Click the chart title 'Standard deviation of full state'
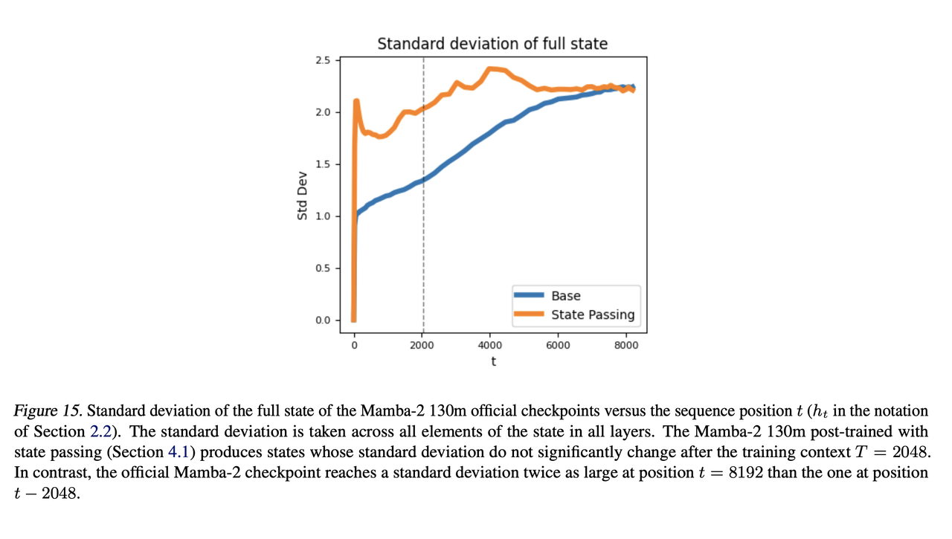[492, 44]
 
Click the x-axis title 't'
[493, 361]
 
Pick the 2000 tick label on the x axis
[422, 345]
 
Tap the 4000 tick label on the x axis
[489, 345]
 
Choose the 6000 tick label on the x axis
[558, 345]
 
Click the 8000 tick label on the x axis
[625, 345]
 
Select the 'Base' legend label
[566, 296]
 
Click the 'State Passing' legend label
[593, 314]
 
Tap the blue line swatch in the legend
[529, 296]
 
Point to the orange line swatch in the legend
[529, 314]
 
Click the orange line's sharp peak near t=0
[357, 101]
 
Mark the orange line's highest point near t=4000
[490, 69]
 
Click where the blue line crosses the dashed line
[423, 179]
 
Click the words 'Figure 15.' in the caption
[48, 411]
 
